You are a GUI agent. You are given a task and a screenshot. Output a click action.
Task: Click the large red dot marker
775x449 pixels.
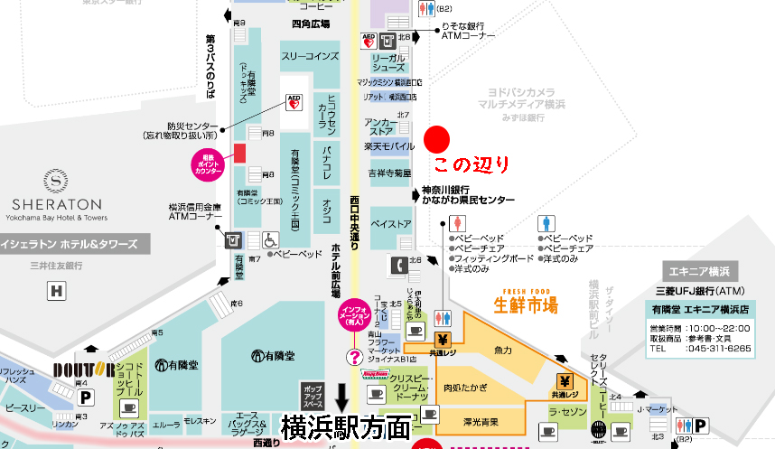click(x=437, y=138)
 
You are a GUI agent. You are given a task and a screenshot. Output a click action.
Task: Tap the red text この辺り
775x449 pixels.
click(x=471, y=165)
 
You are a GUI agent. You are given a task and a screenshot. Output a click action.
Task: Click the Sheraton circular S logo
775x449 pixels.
click(x=56, y=182)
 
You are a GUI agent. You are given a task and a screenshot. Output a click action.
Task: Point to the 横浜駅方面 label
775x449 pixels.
click(x=345, y=426)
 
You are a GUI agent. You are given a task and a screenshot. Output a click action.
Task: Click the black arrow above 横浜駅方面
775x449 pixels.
click(x=342, y=396)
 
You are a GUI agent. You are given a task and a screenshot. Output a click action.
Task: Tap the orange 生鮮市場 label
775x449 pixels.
click(x=526, y=305)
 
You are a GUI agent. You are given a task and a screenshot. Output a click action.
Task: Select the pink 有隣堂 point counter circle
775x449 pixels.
click(x=207, y=164)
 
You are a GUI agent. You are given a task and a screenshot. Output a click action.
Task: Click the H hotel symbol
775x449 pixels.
click(x=57, y=291)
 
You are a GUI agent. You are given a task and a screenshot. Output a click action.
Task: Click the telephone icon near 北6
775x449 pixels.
click(x=397, y=266)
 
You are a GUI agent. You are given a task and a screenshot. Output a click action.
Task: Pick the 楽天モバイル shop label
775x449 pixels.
click(x=388, y=145)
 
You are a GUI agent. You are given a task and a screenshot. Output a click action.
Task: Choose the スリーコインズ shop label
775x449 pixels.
click(x=309, y=56)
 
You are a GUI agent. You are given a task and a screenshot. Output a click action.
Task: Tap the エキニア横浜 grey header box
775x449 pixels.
click(x=700, y=271)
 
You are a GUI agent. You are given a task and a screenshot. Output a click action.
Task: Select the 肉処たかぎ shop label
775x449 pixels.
click(x=466, y=388)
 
